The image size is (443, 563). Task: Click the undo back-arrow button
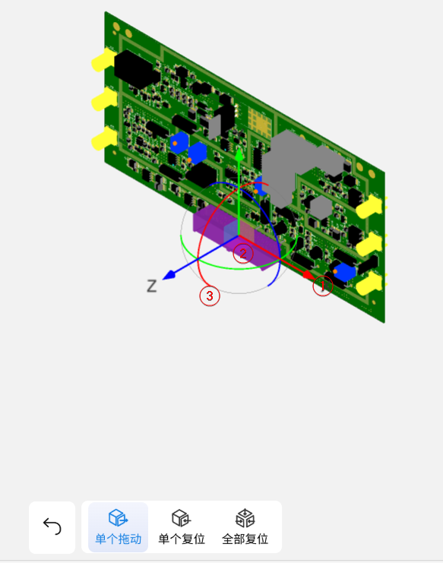click(x=52, y=527)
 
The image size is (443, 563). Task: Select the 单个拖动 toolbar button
click(x=118, y=527)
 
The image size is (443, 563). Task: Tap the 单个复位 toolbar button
click(x=182, y=527)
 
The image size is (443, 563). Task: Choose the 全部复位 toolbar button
click(x=245, y=527)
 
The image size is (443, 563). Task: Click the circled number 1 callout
click(x=322, y=286)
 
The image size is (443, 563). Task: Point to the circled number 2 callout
click(x=243, y=254)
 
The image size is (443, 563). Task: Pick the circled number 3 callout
click(x=210, y=296)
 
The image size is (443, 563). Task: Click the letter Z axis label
click(x=152, y=286)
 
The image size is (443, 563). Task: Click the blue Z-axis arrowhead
click(x=169, y=275)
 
